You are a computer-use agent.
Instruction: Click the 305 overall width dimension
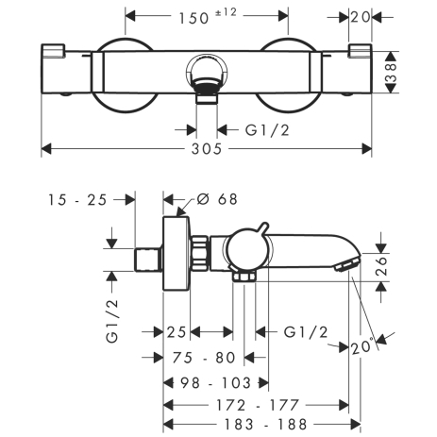click(207, 149)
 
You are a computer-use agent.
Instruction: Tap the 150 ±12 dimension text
click(208, 17)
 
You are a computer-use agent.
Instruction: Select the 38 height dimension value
click(391, 73)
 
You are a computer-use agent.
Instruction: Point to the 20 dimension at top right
click(361, 17)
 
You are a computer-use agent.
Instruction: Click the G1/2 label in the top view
click(267, 130)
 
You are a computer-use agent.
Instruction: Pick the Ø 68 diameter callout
click(217, 199)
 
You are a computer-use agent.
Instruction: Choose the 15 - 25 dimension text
click(77, 200)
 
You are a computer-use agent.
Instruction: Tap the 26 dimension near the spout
click(381, 266)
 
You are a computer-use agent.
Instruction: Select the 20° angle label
click(362, 346)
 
